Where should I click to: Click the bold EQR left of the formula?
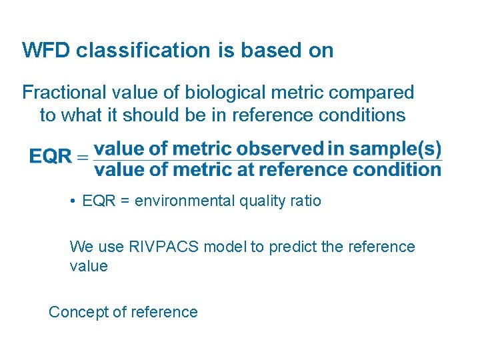(x=50, y=157)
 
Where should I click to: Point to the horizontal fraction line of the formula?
(x=267, y=159)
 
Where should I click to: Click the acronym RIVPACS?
(x=165, y=247)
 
